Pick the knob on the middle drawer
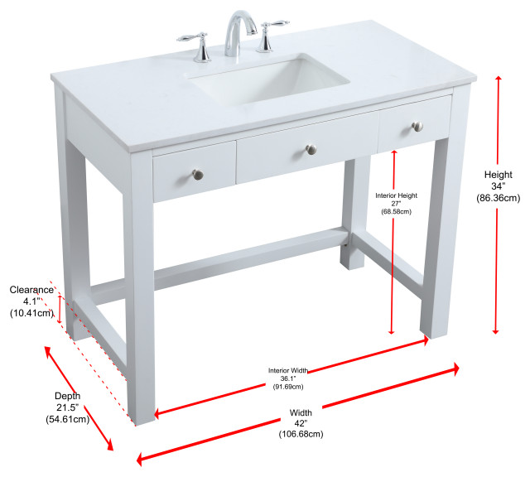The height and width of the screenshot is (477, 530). (311, 150)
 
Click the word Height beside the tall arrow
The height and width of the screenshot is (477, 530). (499, 175)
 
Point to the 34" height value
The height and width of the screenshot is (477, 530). (499, 186)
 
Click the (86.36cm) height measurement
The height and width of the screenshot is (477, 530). (499, 198)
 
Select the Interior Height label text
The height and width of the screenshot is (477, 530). (396, 195)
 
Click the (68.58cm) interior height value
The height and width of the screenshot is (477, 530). (396, 212)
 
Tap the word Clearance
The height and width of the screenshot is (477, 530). (31, 290)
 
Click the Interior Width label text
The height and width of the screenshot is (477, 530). (288, 370)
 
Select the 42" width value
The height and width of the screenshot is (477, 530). (301, 423)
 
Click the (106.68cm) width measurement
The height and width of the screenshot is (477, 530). (301, 434)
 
